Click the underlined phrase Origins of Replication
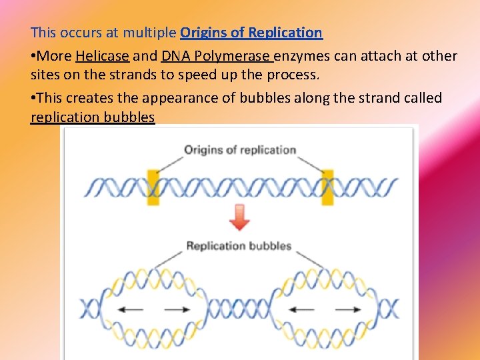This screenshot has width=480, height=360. click(251, 33)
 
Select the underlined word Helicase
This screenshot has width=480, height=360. click(102, 56)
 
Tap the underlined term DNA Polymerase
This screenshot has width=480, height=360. click(216, 56)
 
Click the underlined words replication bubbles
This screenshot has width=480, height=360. click(93, 118)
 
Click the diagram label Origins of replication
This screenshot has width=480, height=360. click(240, 149)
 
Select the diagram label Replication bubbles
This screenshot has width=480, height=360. click(239, 246)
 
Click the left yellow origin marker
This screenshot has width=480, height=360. click(153, 187)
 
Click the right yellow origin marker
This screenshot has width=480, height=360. click(327, 187)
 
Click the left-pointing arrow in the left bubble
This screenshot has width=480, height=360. click(133, 309)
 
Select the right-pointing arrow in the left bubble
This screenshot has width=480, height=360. click(177, 309)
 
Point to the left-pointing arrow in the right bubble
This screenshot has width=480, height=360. click(303, 309)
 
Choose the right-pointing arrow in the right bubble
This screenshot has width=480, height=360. click(348, 309)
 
